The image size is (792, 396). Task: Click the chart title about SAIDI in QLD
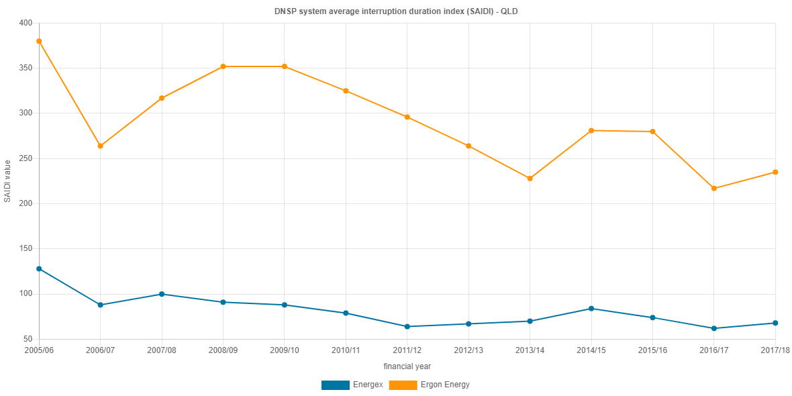(396, 11)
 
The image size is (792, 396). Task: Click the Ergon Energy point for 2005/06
(39, 41)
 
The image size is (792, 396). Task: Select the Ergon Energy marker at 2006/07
(100, 146)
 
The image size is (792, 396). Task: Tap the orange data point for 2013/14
(530, 179)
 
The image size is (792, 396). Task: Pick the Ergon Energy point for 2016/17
(713, 189)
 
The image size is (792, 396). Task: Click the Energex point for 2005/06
(39, 268)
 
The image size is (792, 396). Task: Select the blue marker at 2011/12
(407, 327)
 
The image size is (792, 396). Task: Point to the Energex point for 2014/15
(591, 309)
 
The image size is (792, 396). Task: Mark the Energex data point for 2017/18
(775, 323)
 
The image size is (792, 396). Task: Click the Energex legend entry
(352, 385)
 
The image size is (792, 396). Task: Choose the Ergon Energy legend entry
(430, 385)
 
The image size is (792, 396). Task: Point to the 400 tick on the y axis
(25, 23)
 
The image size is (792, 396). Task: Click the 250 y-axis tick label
(25, 158)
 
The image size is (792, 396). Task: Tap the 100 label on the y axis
(25, 293)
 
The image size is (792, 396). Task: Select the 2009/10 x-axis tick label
(284, 350)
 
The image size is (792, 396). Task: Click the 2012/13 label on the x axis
(468, 350)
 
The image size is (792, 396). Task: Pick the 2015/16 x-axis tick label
(652, 350)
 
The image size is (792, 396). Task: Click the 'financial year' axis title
(407, 366)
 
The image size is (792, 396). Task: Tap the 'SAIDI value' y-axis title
(7, 181)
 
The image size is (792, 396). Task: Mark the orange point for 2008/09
(223, 66)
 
